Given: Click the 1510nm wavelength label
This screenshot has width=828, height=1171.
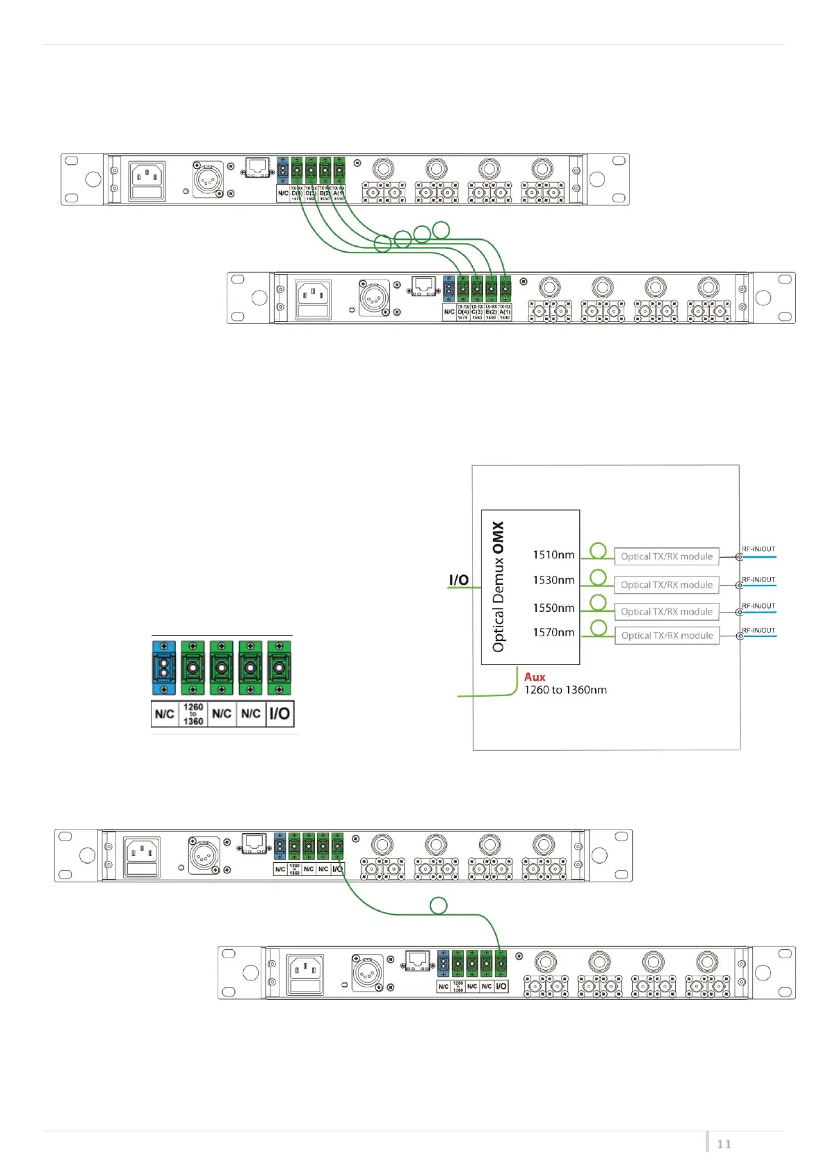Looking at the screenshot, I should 553,555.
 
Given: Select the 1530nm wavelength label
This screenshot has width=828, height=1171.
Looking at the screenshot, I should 553,580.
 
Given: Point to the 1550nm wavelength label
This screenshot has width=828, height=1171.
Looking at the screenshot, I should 553,608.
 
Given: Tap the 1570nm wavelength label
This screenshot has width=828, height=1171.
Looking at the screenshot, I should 553,632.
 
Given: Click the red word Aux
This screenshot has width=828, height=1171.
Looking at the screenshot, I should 535,677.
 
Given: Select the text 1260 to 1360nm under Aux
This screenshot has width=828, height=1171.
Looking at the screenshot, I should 565,690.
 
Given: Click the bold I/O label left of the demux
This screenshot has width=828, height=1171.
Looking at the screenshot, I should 459,580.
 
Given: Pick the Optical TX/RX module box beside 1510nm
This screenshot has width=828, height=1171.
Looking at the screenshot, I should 667,556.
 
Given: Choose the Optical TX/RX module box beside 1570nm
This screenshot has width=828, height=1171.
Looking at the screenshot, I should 667,636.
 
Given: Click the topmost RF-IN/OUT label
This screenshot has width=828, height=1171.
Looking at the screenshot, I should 758,549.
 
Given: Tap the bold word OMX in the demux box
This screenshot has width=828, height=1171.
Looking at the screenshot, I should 498,538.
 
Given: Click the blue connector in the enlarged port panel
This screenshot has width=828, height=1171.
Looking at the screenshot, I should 163,668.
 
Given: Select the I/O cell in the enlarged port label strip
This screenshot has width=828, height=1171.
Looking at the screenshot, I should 279,713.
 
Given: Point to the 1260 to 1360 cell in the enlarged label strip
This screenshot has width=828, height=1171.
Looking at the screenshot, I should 193,714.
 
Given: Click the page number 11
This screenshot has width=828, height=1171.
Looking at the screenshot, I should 724,1144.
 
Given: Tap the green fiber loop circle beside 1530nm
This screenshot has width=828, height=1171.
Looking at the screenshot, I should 598,577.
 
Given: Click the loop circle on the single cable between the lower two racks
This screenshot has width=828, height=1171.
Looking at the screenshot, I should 439,905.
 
